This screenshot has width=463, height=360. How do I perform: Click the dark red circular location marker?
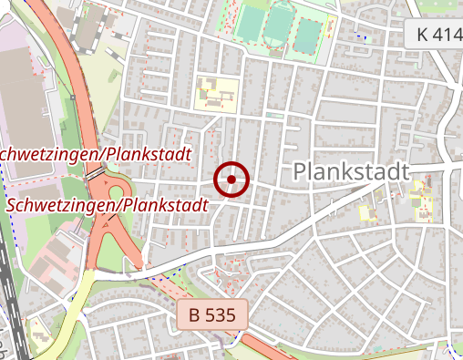231,180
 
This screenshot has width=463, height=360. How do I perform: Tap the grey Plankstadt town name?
352,172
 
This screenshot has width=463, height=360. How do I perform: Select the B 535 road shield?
212,316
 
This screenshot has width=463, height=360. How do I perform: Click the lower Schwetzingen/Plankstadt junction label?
107,206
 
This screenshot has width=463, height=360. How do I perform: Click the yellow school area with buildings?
217,92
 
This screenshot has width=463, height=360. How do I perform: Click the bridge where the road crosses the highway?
94,172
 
